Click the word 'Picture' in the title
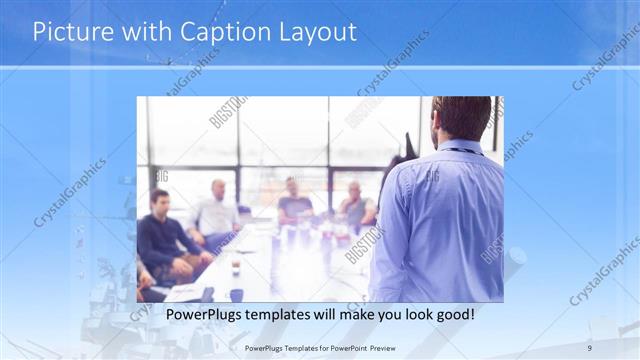pyautogui.click(x=68, y=32)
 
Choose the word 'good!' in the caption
pyautogui.click(x=452, y=315)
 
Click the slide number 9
pyautogui.click(x=590, y=347)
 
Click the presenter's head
pyautogui.click(x=461, y=117)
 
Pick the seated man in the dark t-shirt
pyautogui.click(x=294, y=204)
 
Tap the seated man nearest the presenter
pyautogui.click(x=355, y=208)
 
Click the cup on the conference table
pyautogui.click(x=236, y=267)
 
